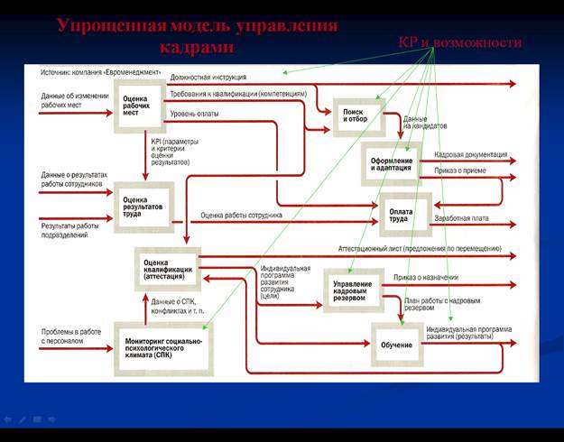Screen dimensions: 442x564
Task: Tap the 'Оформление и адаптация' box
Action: (391, 162)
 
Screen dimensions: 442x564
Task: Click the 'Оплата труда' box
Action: (401, 214)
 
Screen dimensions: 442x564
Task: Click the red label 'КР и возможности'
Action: (460, 43)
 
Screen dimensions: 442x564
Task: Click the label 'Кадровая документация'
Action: (470, 154)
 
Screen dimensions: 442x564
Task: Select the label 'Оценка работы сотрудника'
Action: (242, 216)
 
